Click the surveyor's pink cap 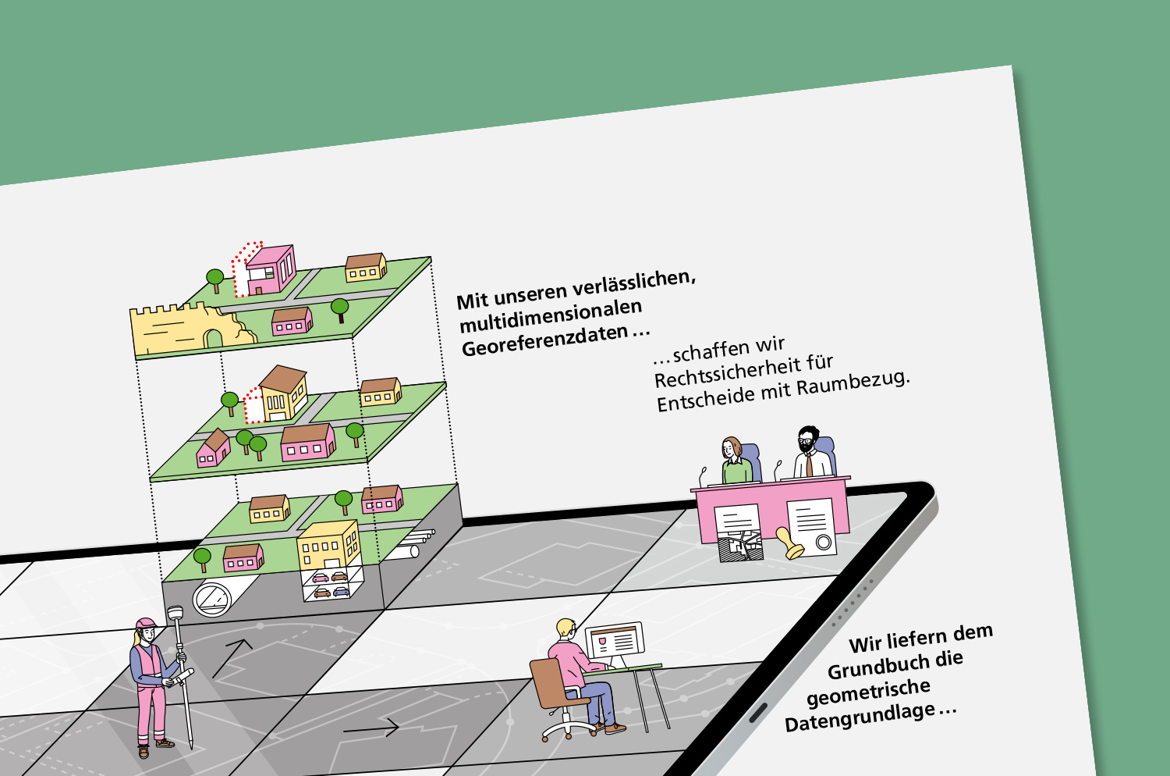[146, 624]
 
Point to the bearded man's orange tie [810, 464]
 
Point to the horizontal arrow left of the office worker [371, 729]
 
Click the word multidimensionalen [551, 316]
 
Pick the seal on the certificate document [823, 542]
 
